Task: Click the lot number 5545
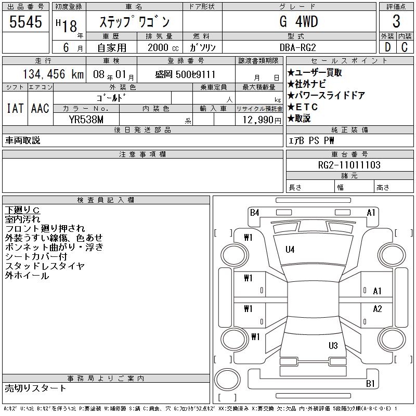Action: pos(25,22)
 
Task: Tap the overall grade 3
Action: pos(396,21)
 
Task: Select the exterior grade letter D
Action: pos(387,47)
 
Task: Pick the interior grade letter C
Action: pos(405,47)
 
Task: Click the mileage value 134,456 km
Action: pos(53,74)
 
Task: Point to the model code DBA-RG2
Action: pos(297,47)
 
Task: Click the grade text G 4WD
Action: pos(298,21)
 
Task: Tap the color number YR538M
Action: pos(86,120)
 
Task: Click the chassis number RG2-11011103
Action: pos(349,165)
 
